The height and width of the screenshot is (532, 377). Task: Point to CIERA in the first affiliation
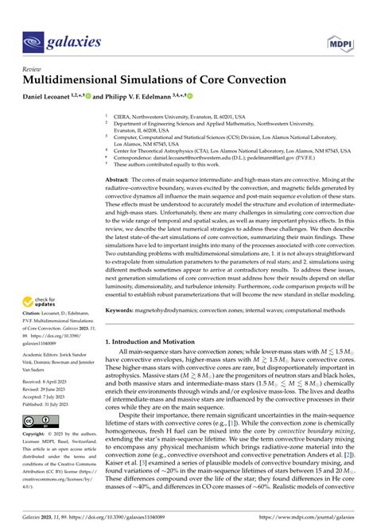125,114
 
